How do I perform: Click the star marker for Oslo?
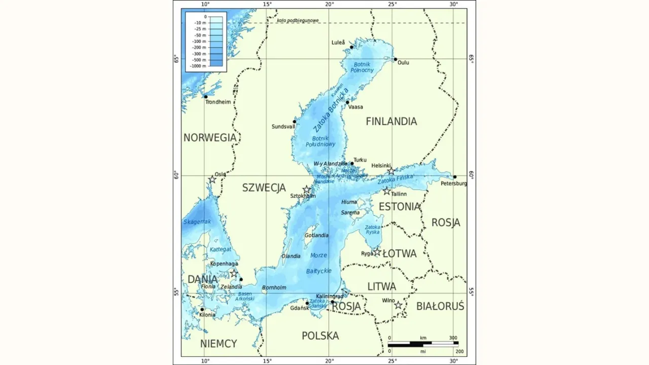(212, 179)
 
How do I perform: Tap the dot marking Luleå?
(351, 47)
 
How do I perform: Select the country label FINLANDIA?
(391, 122)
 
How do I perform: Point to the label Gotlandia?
(316, 235)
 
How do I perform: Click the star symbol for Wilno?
(399, 305)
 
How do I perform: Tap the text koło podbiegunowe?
(298, 20)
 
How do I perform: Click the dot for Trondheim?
(206, 96)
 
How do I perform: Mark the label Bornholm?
(274, 287)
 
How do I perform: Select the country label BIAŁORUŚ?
(440, 306)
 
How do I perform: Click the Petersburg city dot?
(455, 177)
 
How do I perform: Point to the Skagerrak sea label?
(197, 222)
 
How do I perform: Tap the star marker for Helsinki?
(391, 171)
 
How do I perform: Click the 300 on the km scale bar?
(453, 338)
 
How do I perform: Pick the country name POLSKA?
(320, 336)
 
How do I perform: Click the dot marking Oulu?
(395, 59)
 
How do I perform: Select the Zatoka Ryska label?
(373, 230)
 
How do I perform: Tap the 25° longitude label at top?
(393, 5)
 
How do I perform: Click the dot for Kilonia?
(202, 309)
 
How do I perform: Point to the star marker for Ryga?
(377, 251)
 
